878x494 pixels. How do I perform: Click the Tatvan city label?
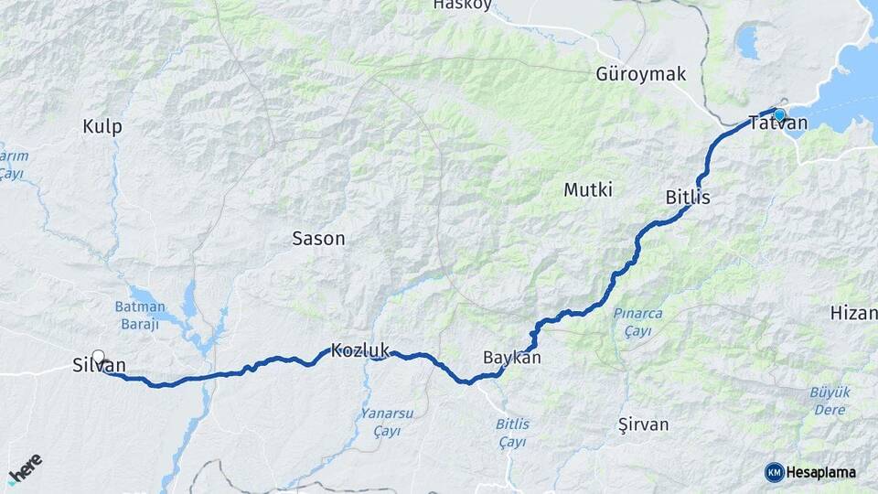click(x=777, y=123)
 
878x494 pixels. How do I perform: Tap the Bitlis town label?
click(x=688, y=198)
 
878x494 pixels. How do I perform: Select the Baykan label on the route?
click(x=512, y=358)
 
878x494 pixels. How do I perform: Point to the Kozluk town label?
click(x=360, y=350)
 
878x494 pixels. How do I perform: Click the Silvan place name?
click(x=99, y=366)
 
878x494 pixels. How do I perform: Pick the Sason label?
click(x=318, y=239)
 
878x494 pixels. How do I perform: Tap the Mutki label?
click(x=588, y=190)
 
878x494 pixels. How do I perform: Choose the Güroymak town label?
click(x=640, y=74)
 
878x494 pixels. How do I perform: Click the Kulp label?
click(x=102, y=127)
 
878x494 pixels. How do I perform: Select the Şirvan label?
click(x=644, y=424)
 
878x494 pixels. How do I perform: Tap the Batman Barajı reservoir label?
click(x=140, y=315)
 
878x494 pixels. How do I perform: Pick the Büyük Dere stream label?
click(x=830, y=401)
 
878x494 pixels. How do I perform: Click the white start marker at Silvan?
click(x=98, y=357)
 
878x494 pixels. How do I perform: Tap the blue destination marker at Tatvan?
click(x=779, y=114)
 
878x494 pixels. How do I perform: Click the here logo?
click(x=25, y=468)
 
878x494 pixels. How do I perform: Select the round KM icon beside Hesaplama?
click(x=775, y=472)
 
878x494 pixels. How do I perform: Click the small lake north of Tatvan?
click(x=748, y=42)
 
